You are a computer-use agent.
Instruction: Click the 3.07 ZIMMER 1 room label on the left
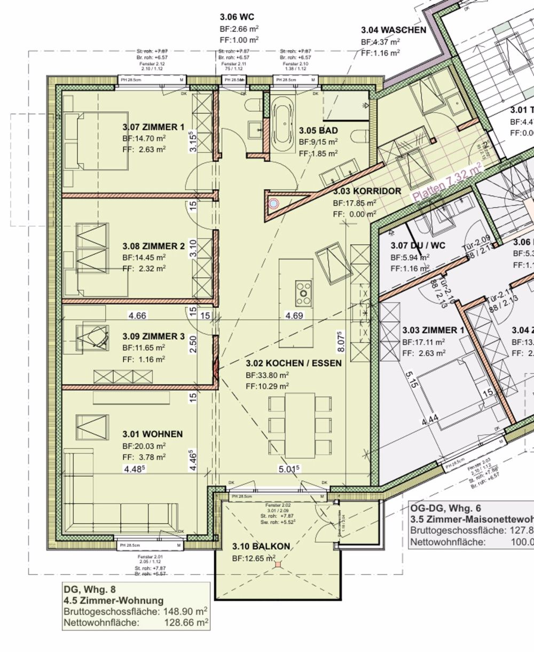pyautogui.click(x=153, y=127)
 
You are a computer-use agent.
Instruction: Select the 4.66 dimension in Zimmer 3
pyautogui.click(x=137, y=316)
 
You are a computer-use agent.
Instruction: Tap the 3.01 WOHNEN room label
pyautogui.click(x=153, y=434)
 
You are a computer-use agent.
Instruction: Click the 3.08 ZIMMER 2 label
pyautogui.click(x=153, y=246)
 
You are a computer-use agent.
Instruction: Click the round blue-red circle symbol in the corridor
pyautogui.click(x=274, y=204)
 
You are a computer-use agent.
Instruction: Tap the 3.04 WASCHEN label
pyautogui.click(x=394, y=30)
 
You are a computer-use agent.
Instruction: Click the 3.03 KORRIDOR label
pyautogui.click(x=367, y=191)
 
